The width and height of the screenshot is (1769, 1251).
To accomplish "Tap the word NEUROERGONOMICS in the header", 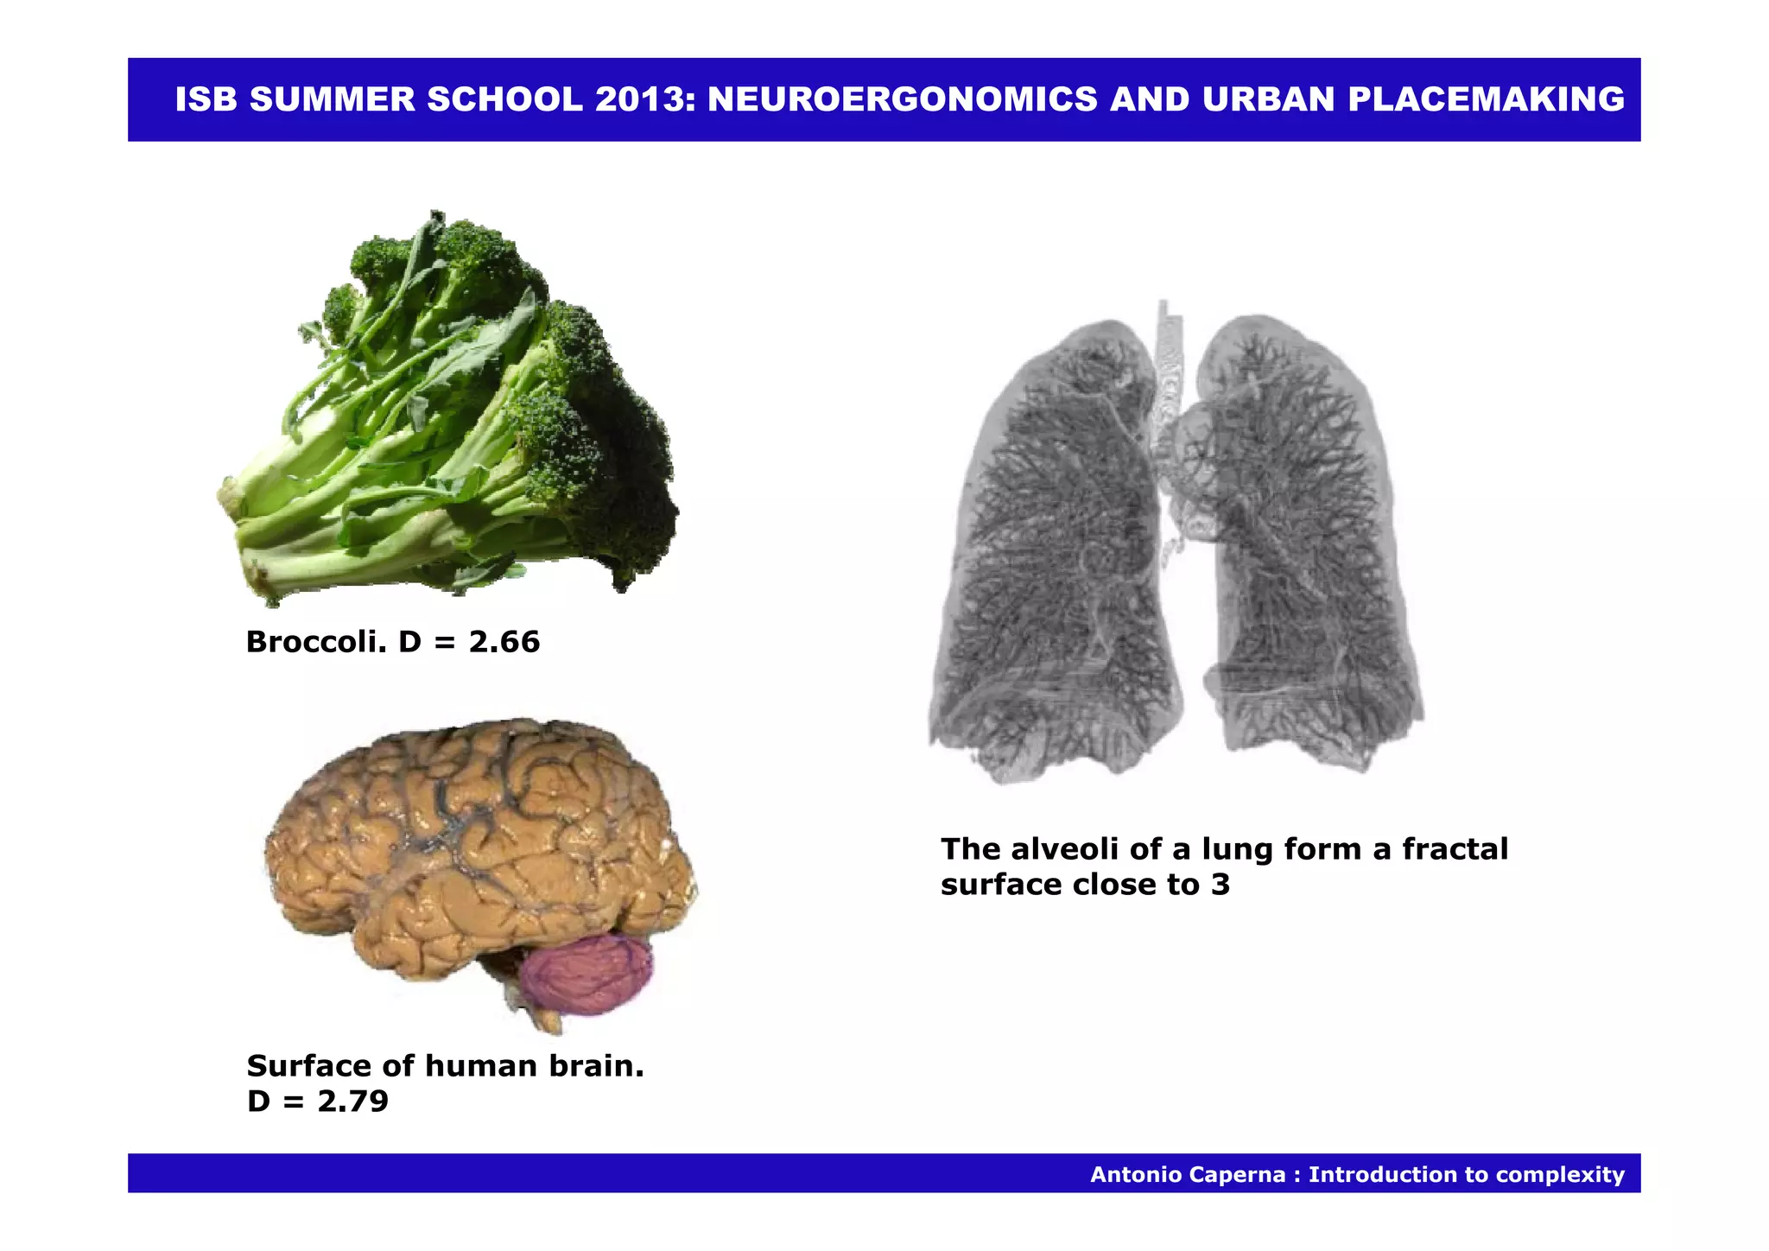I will tap(902, 100).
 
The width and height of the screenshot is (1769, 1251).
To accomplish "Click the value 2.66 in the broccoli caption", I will tap(504, 642).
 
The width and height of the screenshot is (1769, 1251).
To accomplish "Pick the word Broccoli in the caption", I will tap(315, 642).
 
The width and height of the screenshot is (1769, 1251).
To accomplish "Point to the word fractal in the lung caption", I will tap(1455, 849).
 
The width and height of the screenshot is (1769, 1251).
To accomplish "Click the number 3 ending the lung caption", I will tap(1220, 885).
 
